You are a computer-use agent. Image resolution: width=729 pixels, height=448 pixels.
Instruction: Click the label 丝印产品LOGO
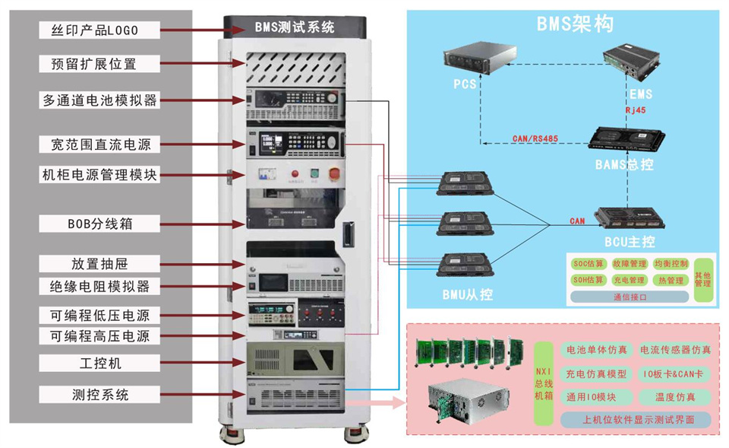[x=99, y=30]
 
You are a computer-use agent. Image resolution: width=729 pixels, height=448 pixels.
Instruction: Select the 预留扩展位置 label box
[x=99, y=64]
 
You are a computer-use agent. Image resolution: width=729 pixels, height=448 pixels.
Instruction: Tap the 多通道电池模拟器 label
[x=99, y=100]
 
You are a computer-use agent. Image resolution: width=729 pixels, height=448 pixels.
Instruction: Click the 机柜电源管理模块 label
[x=99, y=175]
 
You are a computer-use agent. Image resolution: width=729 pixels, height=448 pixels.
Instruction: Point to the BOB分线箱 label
[x=99, y=224]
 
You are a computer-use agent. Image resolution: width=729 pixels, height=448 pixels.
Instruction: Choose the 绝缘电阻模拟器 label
[x=99, y=287]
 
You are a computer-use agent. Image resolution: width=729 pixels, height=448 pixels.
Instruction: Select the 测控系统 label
[x=99, y=395]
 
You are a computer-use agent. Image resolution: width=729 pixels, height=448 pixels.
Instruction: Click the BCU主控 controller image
[x=633, y=219]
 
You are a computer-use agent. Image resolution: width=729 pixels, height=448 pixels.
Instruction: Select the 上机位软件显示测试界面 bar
[x=636, y=420]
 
